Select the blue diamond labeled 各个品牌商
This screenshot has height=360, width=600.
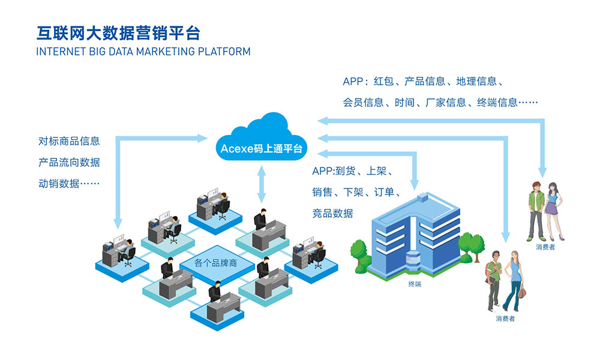(x=217, y=263)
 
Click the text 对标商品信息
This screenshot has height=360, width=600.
(x=69, y=142)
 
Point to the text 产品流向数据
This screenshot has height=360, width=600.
(x=69, y=163)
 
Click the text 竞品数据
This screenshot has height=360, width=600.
(x=332, y=213)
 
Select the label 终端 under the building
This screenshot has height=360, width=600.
(x=415, y=284)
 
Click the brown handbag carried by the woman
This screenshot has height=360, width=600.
(x=521, y=292)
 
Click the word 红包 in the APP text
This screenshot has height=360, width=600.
(x=384, y=82)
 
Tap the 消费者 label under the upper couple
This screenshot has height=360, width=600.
(x=545, y=247)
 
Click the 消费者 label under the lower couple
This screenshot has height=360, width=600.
(x=505, y=319)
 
